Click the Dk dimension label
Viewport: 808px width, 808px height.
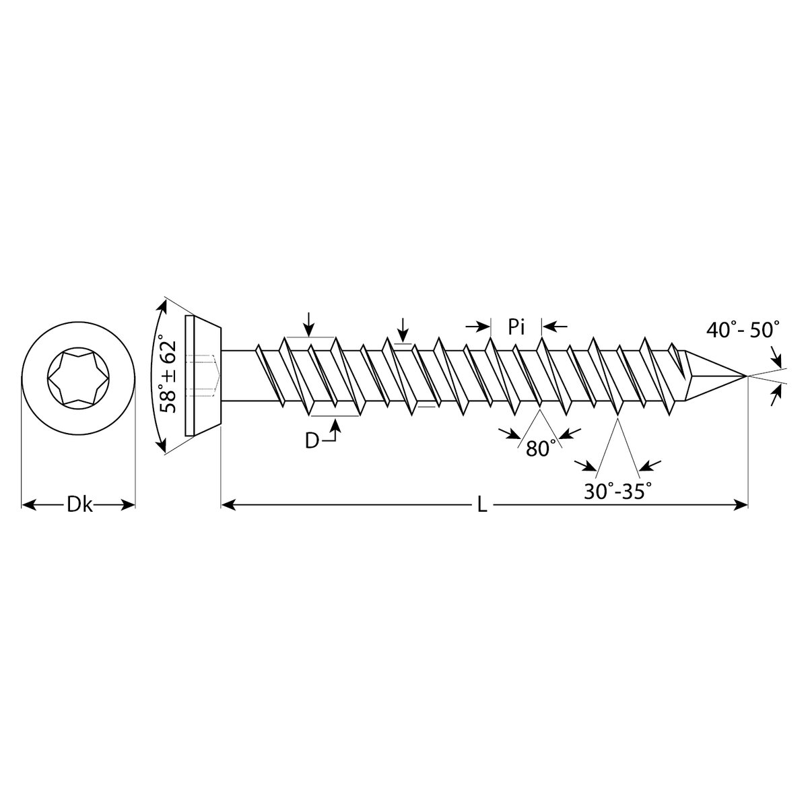tap(79, 505)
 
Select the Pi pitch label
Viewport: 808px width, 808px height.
tap(516, 327)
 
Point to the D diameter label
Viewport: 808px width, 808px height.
tap(312, 440)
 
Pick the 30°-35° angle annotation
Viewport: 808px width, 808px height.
tap(619, 491)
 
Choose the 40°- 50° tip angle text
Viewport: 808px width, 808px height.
tap(743, 329)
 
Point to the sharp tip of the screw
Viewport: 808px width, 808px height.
tap(747, 376)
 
